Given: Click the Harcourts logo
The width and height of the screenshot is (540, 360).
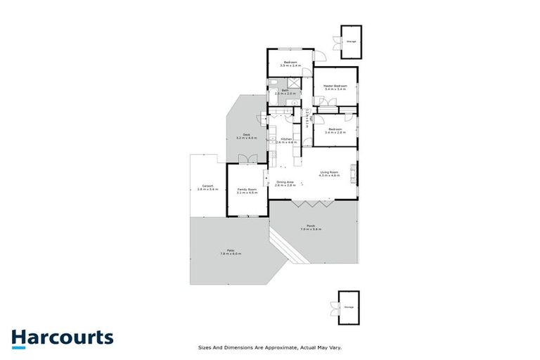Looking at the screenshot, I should coord(62,337).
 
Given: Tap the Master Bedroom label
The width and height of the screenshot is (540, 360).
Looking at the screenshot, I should coord(336,86).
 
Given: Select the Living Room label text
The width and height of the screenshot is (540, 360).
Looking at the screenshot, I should coord(329,172).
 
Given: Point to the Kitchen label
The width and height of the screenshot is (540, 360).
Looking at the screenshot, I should coord(287,139).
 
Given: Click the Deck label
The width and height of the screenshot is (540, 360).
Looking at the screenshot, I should coord(247,135).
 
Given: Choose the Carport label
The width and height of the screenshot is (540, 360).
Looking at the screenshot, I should coord(207,186).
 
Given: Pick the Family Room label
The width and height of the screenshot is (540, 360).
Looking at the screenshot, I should coord(247,188).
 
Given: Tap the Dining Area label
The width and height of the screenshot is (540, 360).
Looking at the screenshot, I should coord(285,183).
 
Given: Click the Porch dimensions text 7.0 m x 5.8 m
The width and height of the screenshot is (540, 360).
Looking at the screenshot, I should coord(311,229).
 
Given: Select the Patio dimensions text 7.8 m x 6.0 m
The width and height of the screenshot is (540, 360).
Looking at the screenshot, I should coord(230,253).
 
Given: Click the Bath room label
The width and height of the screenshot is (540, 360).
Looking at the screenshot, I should coord(285,91).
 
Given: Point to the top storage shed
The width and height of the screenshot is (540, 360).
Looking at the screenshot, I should coord(350,41).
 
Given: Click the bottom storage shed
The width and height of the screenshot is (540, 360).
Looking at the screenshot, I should coord(349,307).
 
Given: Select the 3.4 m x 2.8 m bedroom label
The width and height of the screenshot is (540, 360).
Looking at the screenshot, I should coord(335,131).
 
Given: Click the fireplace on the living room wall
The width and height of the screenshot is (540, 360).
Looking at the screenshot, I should coord(354,172).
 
